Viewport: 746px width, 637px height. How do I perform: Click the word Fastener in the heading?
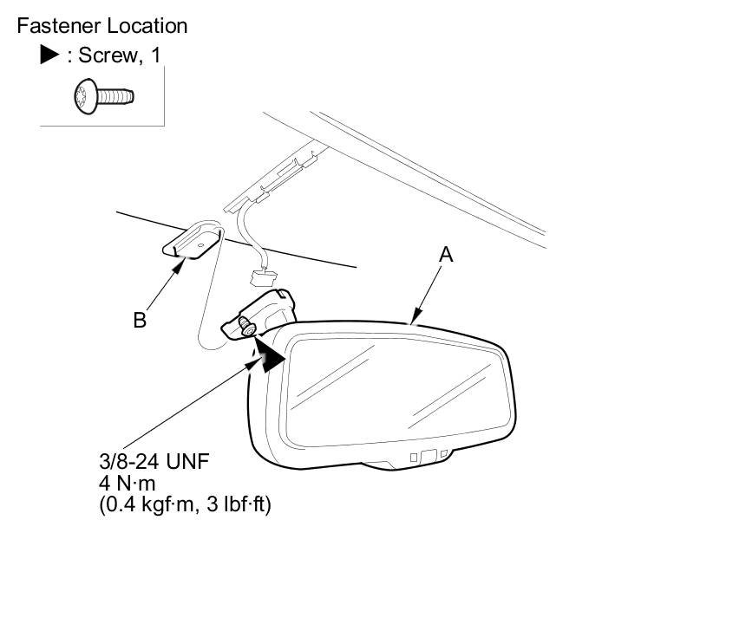57,26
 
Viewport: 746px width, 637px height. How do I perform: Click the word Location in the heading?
146,26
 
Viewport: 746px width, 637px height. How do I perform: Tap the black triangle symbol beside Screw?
49,55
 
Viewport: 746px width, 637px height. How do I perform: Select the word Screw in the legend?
108,55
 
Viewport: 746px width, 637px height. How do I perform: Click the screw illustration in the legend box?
104,96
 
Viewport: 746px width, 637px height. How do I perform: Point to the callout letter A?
446,255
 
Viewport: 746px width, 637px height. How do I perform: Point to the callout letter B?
140,320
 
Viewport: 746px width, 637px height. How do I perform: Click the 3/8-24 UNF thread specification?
154,461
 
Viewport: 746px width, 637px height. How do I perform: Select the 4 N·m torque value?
127,483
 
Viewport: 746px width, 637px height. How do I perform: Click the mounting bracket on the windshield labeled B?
193,242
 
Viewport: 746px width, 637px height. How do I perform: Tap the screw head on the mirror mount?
248,328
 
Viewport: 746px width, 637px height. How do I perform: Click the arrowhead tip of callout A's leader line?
412,324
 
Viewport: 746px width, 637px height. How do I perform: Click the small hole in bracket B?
200,246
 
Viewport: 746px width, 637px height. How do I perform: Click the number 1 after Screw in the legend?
155,55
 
